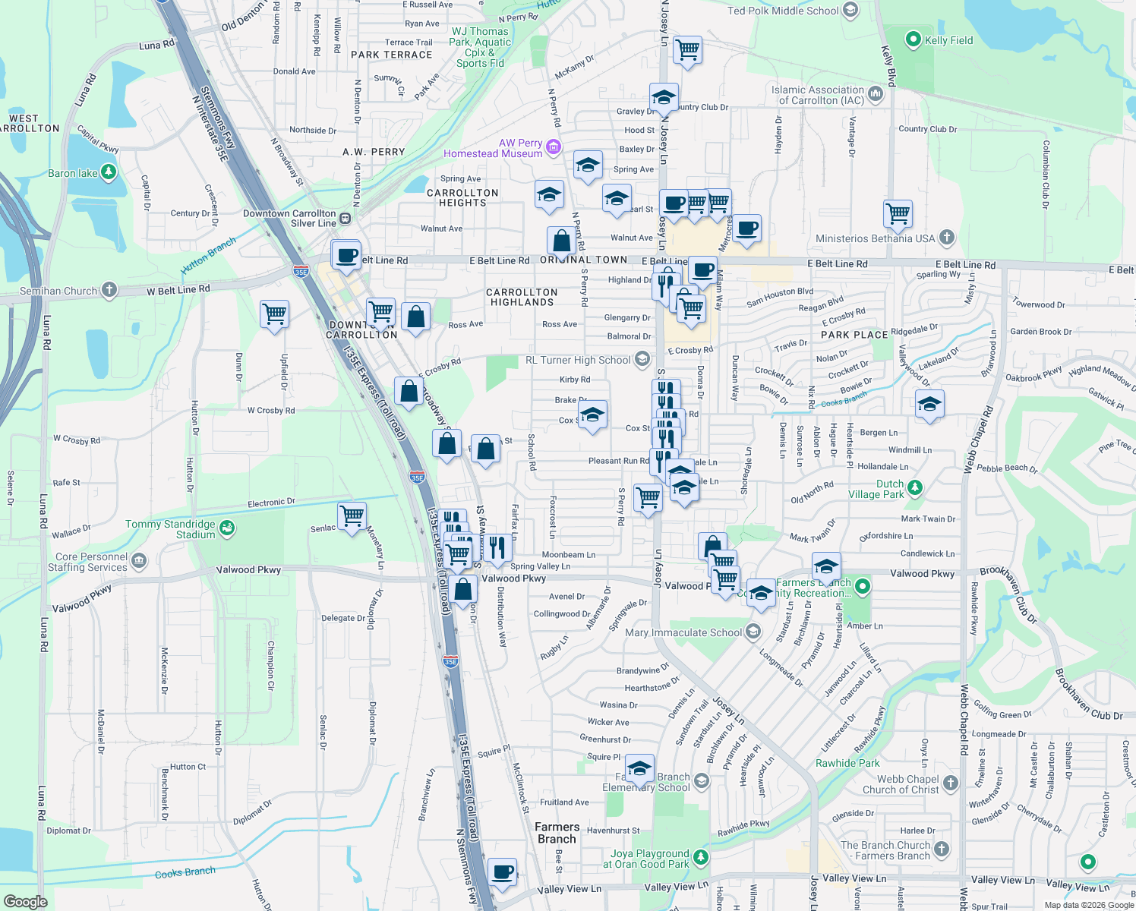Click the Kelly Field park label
point(948,40)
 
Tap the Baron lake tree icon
point(109,172)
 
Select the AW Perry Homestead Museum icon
point(554,147)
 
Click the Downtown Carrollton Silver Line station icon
point(346,218)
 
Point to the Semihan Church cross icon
point(109,289)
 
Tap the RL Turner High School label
point(578,360)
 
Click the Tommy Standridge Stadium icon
point(226,528)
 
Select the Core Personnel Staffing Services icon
point(138,561)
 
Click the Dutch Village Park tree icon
point(915,487)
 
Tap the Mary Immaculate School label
point(683,632)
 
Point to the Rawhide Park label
point(847,763)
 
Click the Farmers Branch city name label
point(557,833)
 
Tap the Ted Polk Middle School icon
point(850,10)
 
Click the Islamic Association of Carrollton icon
point(876,94)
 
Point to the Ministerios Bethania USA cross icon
point(946,238)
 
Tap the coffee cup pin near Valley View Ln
point(502,871)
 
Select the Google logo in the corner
point(25,901)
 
